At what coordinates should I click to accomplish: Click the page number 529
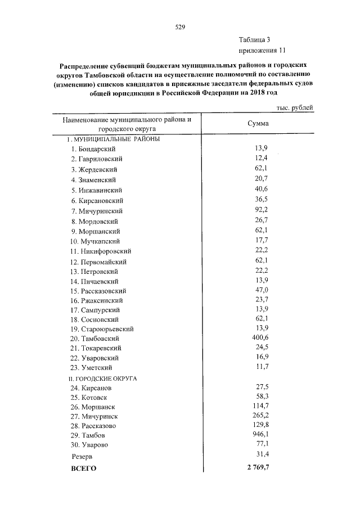[x=180, y=26]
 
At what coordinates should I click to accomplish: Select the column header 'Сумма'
[x=258, y=124]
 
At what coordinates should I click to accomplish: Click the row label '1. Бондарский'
[x=93, y=149]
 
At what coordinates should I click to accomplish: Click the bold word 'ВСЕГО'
[x=83, y=468]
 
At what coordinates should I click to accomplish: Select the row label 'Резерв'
[x=82, y=456]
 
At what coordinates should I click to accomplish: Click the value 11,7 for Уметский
[x=261, y=367]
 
